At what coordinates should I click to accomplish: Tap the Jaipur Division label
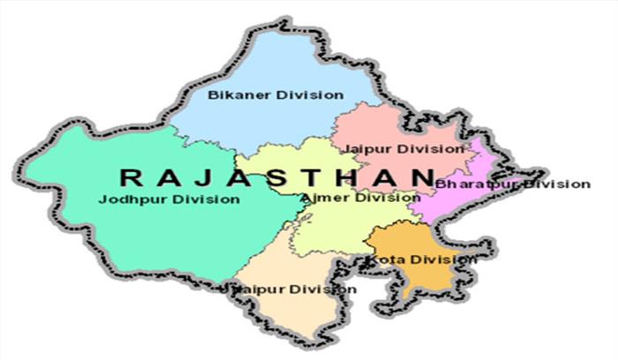pyautogui.click(x=403, y=148)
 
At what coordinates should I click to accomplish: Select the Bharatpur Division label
pyautogui.click(x=512, y=184)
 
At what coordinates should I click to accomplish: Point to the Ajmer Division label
pyautogui.click(x=360, y=197)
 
